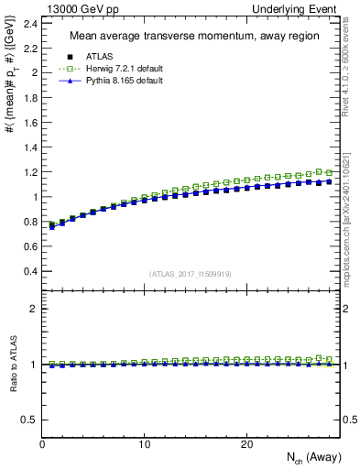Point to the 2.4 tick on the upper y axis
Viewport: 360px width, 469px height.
pyautogui.click(x=29, y=22)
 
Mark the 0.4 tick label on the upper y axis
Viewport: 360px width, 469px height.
pyautogui.click(x=29, y=271)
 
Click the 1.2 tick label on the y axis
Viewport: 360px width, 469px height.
pyautogui.click(x=29, y=171)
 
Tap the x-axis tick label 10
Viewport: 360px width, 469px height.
pyautogui.click(x=144, y=444)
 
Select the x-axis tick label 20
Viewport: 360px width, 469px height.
pyautogui.click(x=245, y=444)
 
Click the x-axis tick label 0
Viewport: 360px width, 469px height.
pyautogui.click(x=42, y=444)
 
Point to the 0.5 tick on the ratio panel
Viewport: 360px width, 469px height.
pyautogui.click(x=29, y=420)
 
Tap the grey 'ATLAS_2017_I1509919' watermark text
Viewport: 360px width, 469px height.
pyautogui.click(x=189, y=274)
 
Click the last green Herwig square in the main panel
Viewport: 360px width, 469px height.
pyautogui.click(x=329, y=172)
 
